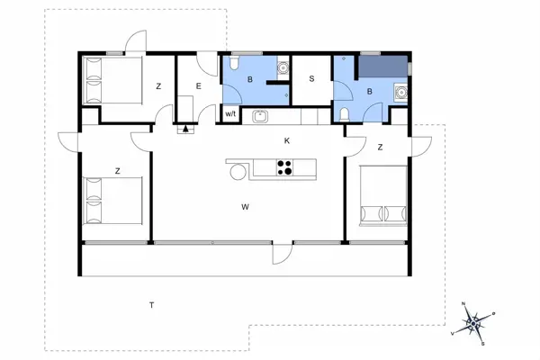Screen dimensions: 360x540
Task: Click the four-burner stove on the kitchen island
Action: pyautogui.click(x=285, y=166)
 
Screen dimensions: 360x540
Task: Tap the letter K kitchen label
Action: pyautogui.click(x=287, y=140)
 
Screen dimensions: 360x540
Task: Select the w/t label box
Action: pyautogui.click(x=229, y=114)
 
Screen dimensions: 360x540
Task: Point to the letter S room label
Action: pyautogui.click(x=312, y=79)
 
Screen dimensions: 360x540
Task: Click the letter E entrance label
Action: pyautogui.click(x=196, y=85)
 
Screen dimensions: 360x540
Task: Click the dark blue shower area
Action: pyautogui.click(x=382, y=65)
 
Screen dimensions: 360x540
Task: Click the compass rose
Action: pyautogui.click(x=474, y=321)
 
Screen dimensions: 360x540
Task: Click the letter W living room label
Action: pyautogui.click(x=244, y=206)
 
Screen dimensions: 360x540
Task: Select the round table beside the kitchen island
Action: pyautogui.click(x=238, y=169)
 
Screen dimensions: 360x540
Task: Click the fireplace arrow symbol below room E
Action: pyautogui.click(x=186, y=130)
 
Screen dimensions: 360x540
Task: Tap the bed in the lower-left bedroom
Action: pyautogui.click(x=113, y=201)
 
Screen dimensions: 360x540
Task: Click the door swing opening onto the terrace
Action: pyautogui.click(x=283, y=254)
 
